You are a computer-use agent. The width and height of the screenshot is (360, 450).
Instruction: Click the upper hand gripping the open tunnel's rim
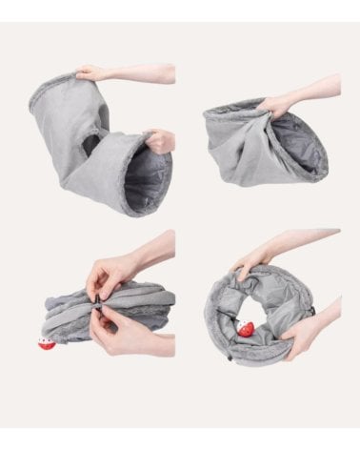point(91,72)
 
